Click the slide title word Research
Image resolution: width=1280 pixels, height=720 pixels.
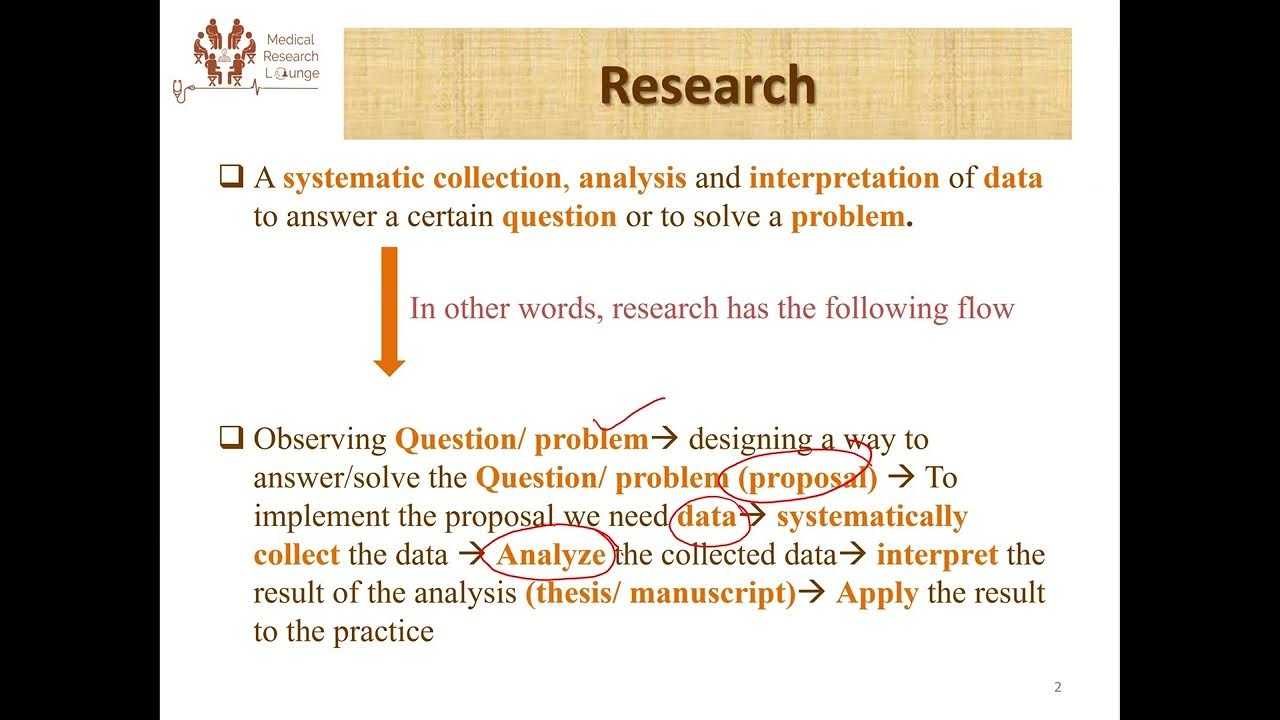[707, 85]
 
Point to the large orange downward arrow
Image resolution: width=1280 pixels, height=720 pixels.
[389, 311]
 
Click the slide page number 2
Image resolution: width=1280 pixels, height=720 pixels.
[1058, 687]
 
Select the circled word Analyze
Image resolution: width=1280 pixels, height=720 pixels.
[551, 555]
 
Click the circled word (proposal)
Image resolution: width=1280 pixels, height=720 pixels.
[808, 478]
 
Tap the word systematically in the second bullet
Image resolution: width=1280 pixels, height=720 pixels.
[872, 516]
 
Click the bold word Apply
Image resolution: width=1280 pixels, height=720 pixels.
[877, 593]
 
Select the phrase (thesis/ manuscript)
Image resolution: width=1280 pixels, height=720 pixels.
[660, 593]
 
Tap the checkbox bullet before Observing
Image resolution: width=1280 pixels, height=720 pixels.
[232, 438]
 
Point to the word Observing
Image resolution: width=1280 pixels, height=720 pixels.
[320, 439]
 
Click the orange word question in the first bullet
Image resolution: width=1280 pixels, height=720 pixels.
[559, 217]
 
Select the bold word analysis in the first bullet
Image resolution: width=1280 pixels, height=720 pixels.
[632, 178]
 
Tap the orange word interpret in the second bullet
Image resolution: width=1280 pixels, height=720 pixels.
[937, 555]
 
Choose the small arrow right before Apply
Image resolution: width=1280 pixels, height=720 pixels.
[814, 593]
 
